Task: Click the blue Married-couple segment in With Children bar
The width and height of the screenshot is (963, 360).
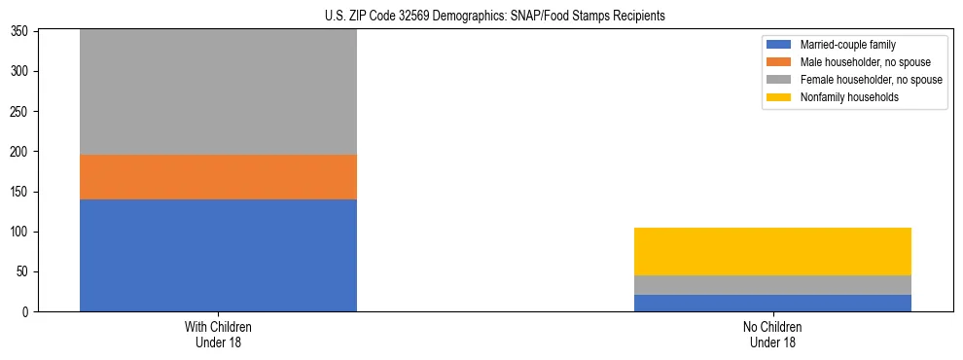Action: (218, 255)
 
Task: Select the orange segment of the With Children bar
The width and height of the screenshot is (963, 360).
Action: (218, 177)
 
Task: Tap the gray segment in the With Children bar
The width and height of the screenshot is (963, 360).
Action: (218, 92)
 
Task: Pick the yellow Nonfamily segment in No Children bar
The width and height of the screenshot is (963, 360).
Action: (772, 251)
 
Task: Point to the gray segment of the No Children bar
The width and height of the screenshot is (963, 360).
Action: (772, 284)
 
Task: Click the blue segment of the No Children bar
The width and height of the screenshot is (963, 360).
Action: (772, 303)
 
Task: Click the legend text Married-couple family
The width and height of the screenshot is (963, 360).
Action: (847, 45)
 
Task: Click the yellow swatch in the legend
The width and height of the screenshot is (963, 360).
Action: (780, 97)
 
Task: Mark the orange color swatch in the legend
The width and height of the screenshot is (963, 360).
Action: (780, 62)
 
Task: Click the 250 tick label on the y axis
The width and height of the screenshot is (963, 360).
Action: (21, 112)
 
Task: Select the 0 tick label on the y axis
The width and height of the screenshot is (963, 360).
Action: (27, 312)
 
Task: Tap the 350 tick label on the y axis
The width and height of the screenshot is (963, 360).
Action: (21, 32)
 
